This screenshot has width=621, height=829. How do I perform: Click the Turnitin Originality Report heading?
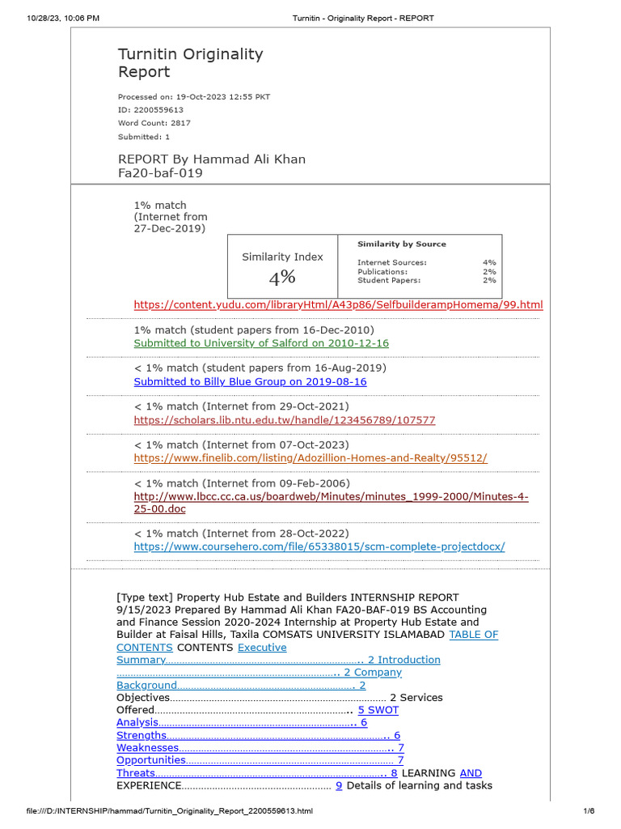coord(190,63)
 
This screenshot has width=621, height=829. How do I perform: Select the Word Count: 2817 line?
coord(154,123)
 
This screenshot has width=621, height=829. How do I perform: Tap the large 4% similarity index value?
coord(282,278)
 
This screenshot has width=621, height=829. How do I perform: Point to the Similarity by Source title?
coord(401,244)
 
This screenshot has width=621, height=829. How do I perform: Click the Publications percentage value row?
coord(426,272)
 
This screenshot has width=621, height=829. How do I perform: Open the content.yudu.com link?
coord(338,304)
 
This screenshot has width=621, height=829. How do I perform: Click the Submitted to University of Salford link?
coord(260,343)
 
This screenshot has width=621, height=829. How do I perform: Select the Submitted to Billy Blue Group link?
coord(250,381)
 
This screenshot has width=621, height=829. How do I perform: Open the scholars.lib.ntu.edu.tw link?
coord(284,420)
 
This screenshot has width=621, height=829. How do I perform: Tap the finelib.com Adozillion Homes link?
coord(310,458)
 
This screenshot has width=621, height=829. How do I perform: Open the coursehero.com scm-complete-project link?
coord(319,546)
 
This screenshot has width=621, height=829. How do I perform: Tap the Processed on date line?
coord(193,97)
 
